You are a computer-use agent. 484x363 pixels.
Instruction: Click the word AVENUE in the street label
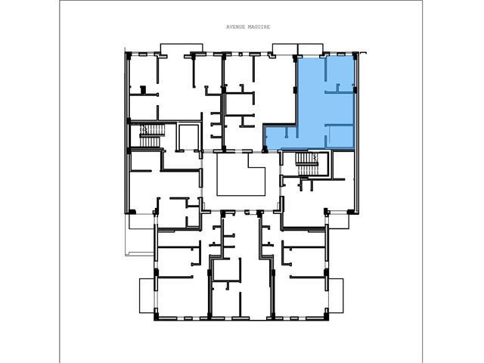click(236, 27)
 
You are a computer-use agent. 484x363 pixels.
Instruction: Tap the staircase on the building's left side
click(150, 135)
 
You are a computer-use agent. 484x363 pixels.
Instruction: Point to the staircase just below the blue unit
click(306, 164)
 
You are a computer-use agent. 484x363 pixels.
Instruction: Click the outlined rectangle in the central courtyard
click(240, 175)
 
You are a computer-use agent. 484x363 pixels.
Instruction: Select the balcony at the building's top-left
click(181, 48)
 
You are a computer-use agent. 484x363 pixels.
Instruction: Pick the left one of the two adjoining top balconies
click(284, 49)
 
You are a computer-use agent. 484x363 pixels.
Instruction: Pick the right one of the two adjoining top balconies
click(311, 49)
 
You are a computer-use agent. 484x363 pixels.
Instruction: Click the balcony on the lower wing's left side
click(147, 296)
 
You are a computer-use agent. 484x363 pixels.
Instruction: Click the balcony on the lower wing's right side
click(336, 296)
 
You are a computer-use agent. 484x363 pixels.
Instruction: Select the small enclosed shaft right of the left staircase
click(188, 138)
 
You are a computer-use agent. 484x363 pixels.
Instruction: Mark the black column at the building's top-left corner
click(128, 55)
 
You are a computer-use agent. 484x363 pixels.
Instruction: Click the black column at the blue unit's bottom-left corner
click(265, 150)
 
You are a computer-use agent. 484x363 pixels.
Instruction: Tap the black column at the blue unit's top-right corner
click(355, 56)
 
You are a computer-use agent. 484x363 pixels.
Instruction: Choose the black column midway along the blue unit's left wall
click(295, 90)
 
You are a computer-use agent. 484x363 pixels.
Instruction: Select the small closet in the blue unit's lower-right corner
click(340, 137)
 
